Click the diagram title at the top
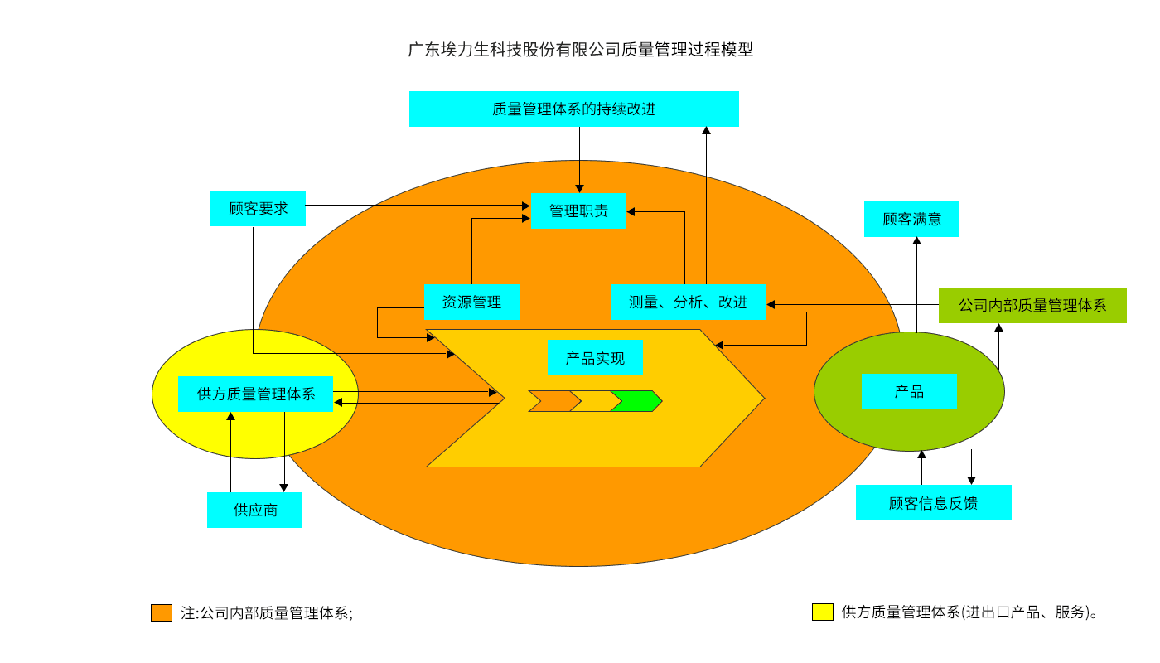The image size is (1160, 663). coord(580,50)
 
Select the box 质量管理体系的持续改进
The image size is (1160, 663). coord(573,109)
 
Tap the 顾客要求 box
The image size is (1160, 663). coord(258,208)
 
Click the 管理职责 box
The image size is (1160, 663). coord(578,211)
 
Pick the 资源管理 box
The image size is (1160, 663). coord(471,302)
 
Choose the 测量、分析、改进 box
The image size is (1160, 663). coord(688,302)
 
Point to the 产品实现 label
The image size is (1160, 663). coord(595,358)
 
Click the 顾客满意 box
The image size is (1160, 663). coord(911,219)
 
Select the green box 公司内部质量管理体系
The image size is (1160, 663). coord(1032,305)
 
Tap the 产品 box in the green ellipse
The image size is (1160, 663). coord(909,391)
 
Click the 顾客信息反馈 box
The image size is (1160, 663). coord(933,502)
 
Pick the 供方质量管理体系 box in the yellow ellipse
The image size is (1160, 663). coord(255,394)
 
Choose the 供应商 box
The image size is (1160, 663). coord(254,510)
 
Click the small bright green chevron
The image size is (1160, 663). coord(636,401)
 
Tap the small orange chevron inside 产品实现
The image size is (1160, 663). coord(553,401)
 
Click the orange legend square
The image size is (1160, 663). coord(162,612)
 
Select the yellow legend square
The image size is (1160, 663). coord(822,612)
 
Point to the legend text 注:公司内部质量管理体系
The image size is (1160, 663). coord(267,613)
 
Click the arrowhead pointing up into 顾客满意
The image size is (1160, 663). coord(916,241)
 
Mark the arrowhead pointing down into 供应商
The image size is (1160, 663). coord(284,487)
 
